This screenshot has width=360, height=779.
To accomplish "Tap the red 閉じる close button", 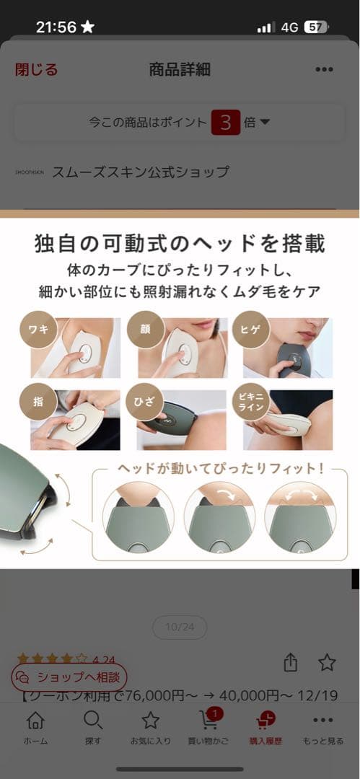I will coord(36,69).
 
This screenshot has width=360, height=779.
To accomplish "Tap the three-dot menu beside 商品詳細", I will coord(324,69).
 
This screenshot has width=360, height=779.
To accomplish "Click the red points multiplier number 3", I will coord(225,123).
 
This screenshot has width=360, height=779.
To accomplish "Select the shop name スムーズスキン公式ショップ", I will coord(141,172).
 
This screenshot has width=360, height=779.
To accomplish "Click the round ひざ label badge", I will coord(143,401).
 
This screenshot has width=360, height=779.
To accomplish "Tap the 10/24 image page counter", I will coord(180,628).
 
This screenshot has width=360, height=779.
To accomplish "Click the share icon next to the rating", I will coord(291,662).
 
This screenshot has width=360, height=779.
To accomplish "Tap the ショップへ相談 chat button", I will coord(69,677).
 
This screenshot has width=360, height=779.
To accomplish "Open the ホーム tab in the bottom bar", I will coord(35,727).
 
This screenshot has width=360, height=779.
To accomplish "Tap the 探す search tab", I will coord(92,727).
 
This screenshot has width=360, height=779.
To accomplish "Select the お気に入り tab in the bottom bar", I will coord(150,727).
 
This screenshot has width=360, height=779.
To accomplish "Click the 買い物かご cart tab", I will coord(208,727).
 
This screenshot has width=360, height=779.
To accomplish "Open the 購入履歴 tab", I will coord(265,727).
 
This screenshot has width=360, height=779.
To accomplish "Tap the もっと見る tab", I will coord(323,727).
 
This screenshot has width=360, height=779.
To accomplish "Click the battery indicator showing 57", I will coord(316,27).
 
